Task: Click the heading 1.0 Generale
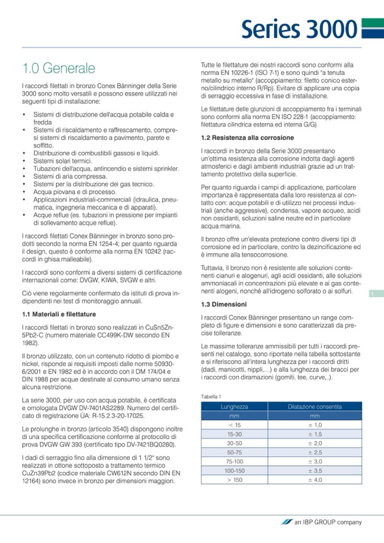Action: click(58, 69)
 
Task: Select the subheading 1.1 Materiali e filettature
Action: click(58, 314)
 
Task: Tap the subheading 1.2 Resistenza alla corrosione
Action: click(248, 138)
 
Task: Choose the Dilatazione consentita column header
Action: click(314, 407)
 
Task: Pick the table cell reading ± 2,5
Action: click(314, 452)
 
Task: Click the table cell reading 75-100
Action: click(234, 461)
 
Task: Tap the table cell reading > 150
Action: click(234, 480)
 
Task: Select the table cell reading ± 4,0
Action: click(314, 480)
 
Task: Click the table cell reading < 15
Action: click(234, 425)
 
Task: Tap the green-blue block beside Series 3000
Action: click(373, 28)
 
